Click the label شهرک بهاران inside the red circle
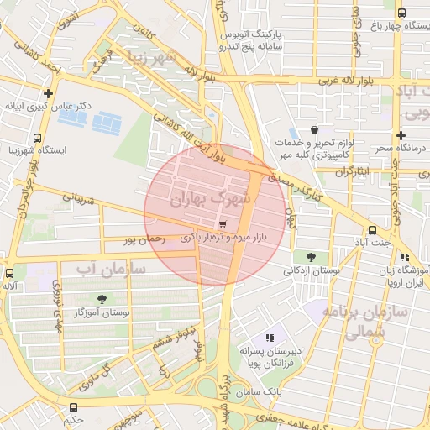[x=210, y=199]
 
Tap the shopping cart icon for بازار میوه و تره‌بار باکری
[x=222, y=224]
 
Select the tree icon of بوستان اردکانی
[x=312, y=256]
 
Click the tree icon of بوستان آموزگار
[x=102, y=298]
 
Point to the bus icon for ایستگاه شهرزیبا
[x=37, y=138]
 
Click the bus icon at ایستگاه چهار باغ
[x=401, y=13]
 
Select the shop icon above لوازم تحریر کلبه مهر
[x=313, y=129]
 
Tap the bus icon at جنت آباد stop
[x=371, y=230]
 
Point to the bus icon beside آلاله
[x=10, y=273]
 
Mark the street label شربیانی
[x=69, y=198]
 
